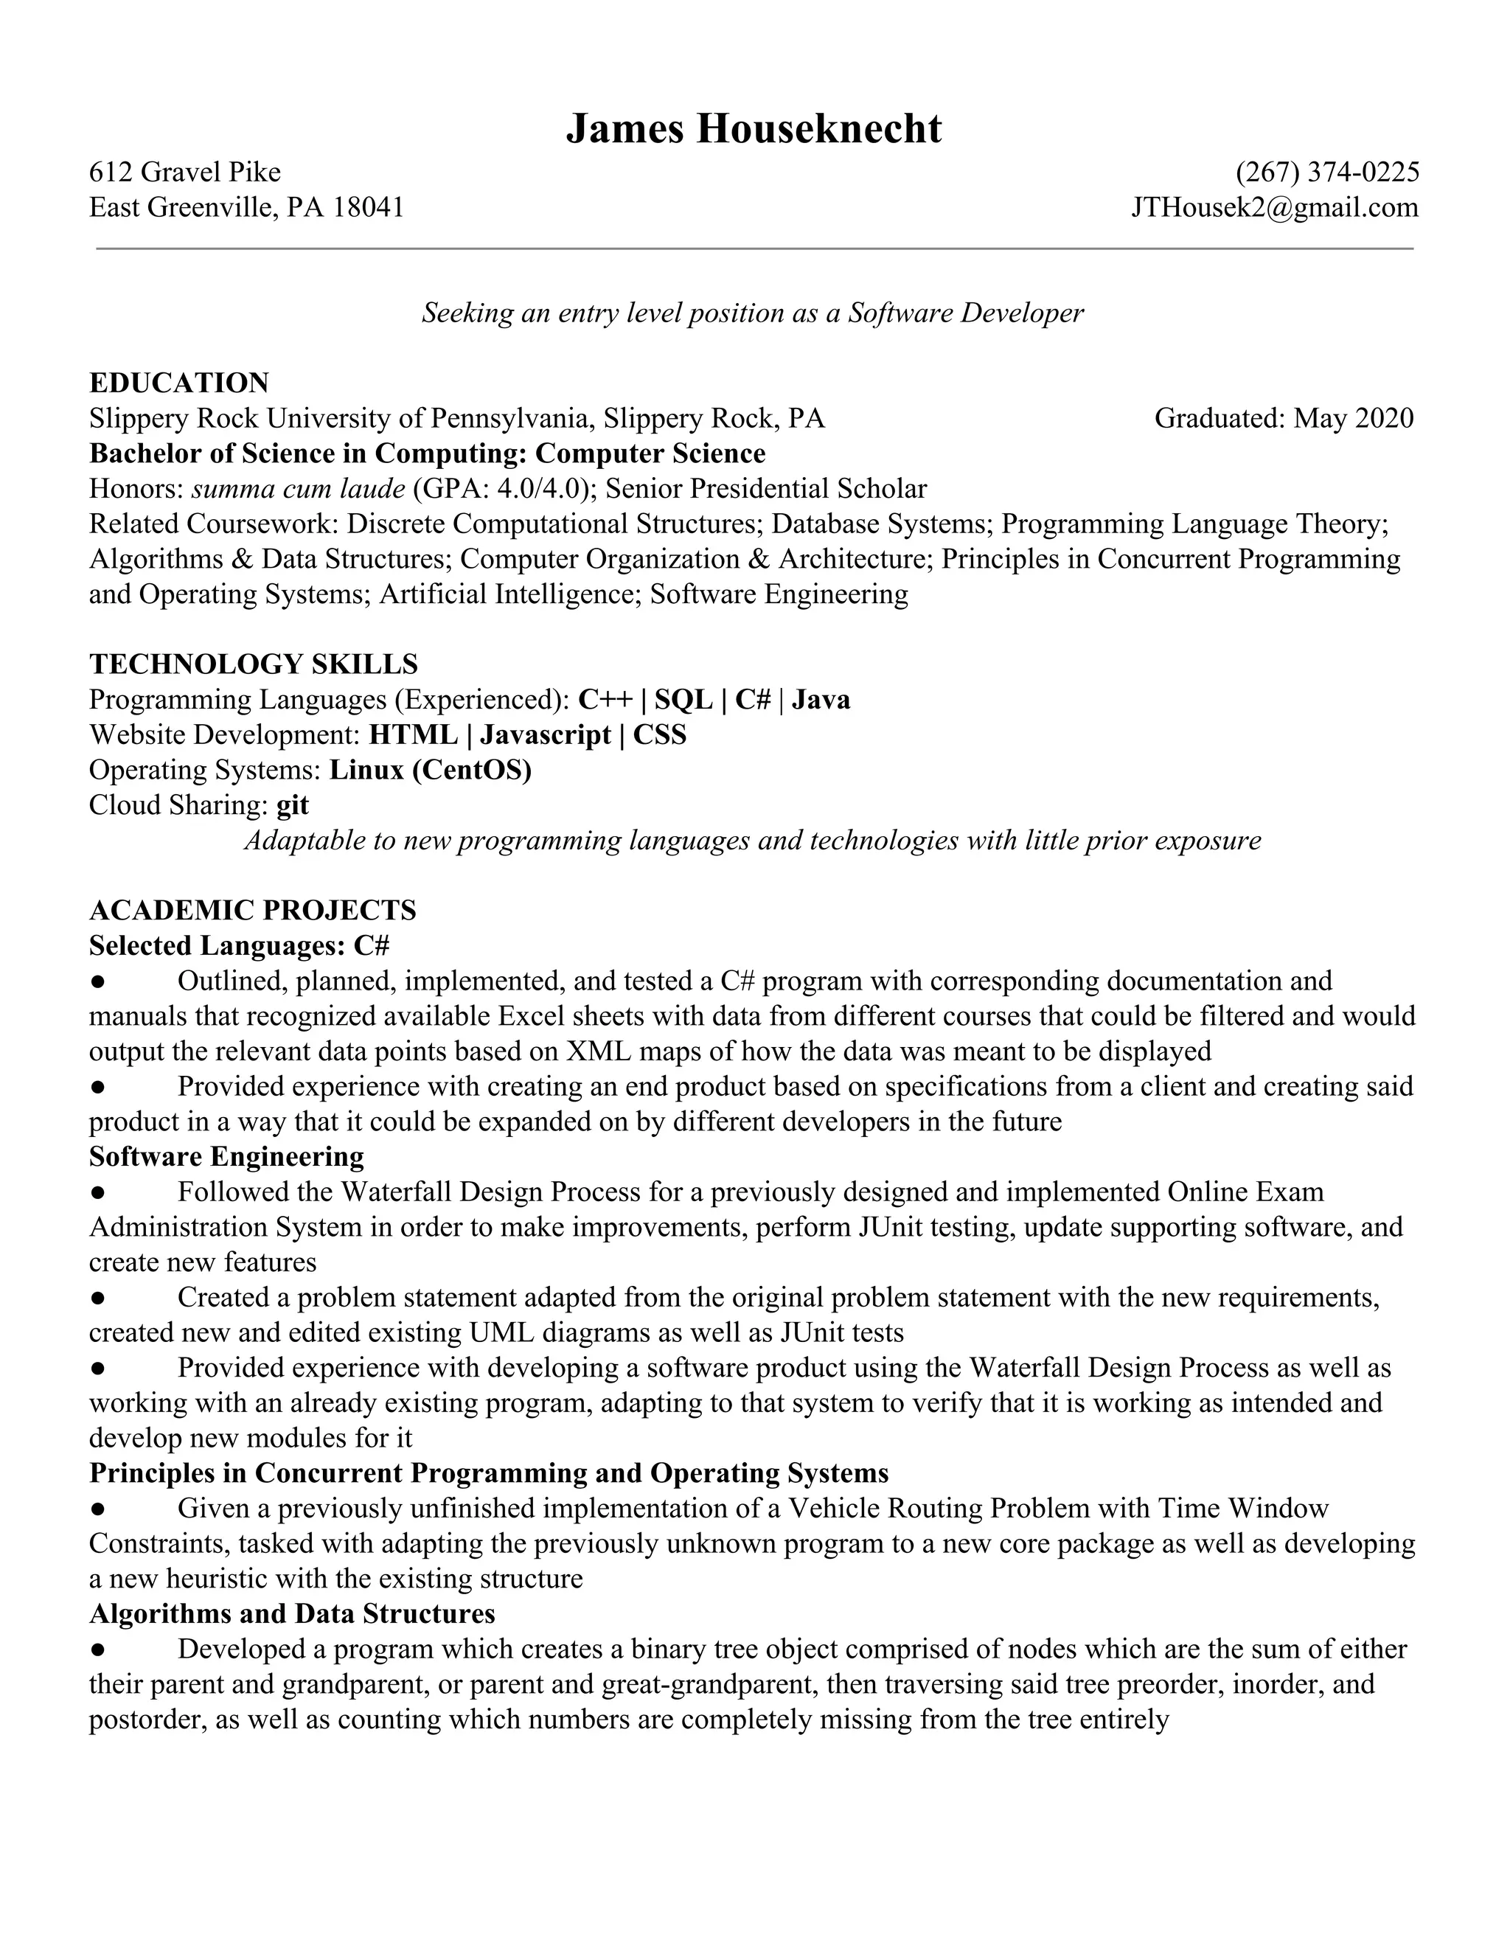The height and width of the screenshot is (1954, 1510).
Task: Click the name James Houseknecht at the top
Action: click(x=754, y=129)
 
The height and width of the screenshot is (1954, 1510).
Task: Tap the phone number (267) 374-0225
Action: click(x=1326, y=172)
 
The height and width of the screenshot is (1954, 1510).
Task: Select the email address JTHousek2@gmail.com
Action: click(x=1274, y=208)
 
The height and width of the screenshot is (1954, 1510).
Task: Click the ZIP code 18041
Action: click(x=369, y=208)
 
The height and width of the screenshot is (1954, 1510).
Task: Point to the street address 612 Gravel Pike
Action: click(x=185, y=172)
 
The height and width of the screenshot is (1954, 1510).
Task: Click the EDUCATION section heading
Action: click(x=179, y=383)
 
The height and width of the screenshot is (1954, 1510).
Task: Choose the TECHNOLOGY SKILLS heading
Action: click(x=253, y=664)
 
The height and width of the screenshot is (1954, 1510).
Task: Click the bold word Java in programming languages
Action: click(x=821, y=700)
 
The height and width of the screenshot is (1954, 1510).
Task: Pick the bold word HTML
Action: click(x=414, y=734)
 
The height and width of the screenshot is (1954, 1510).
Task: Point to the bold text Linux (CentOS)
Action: click(x=431, y=769)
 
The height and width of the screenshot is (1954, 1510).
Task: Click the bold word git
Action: click(x=293, y=805)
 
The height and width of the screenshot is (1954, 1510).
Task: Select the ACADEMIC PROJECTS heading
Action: click(x=252, y=911)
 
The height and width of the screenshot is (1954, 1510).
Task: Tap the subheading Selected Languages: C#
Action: click(x=239, y=946)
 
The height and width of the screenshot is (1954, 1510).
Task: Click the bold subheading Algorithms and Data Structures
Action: click(x=292, y=1613)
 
